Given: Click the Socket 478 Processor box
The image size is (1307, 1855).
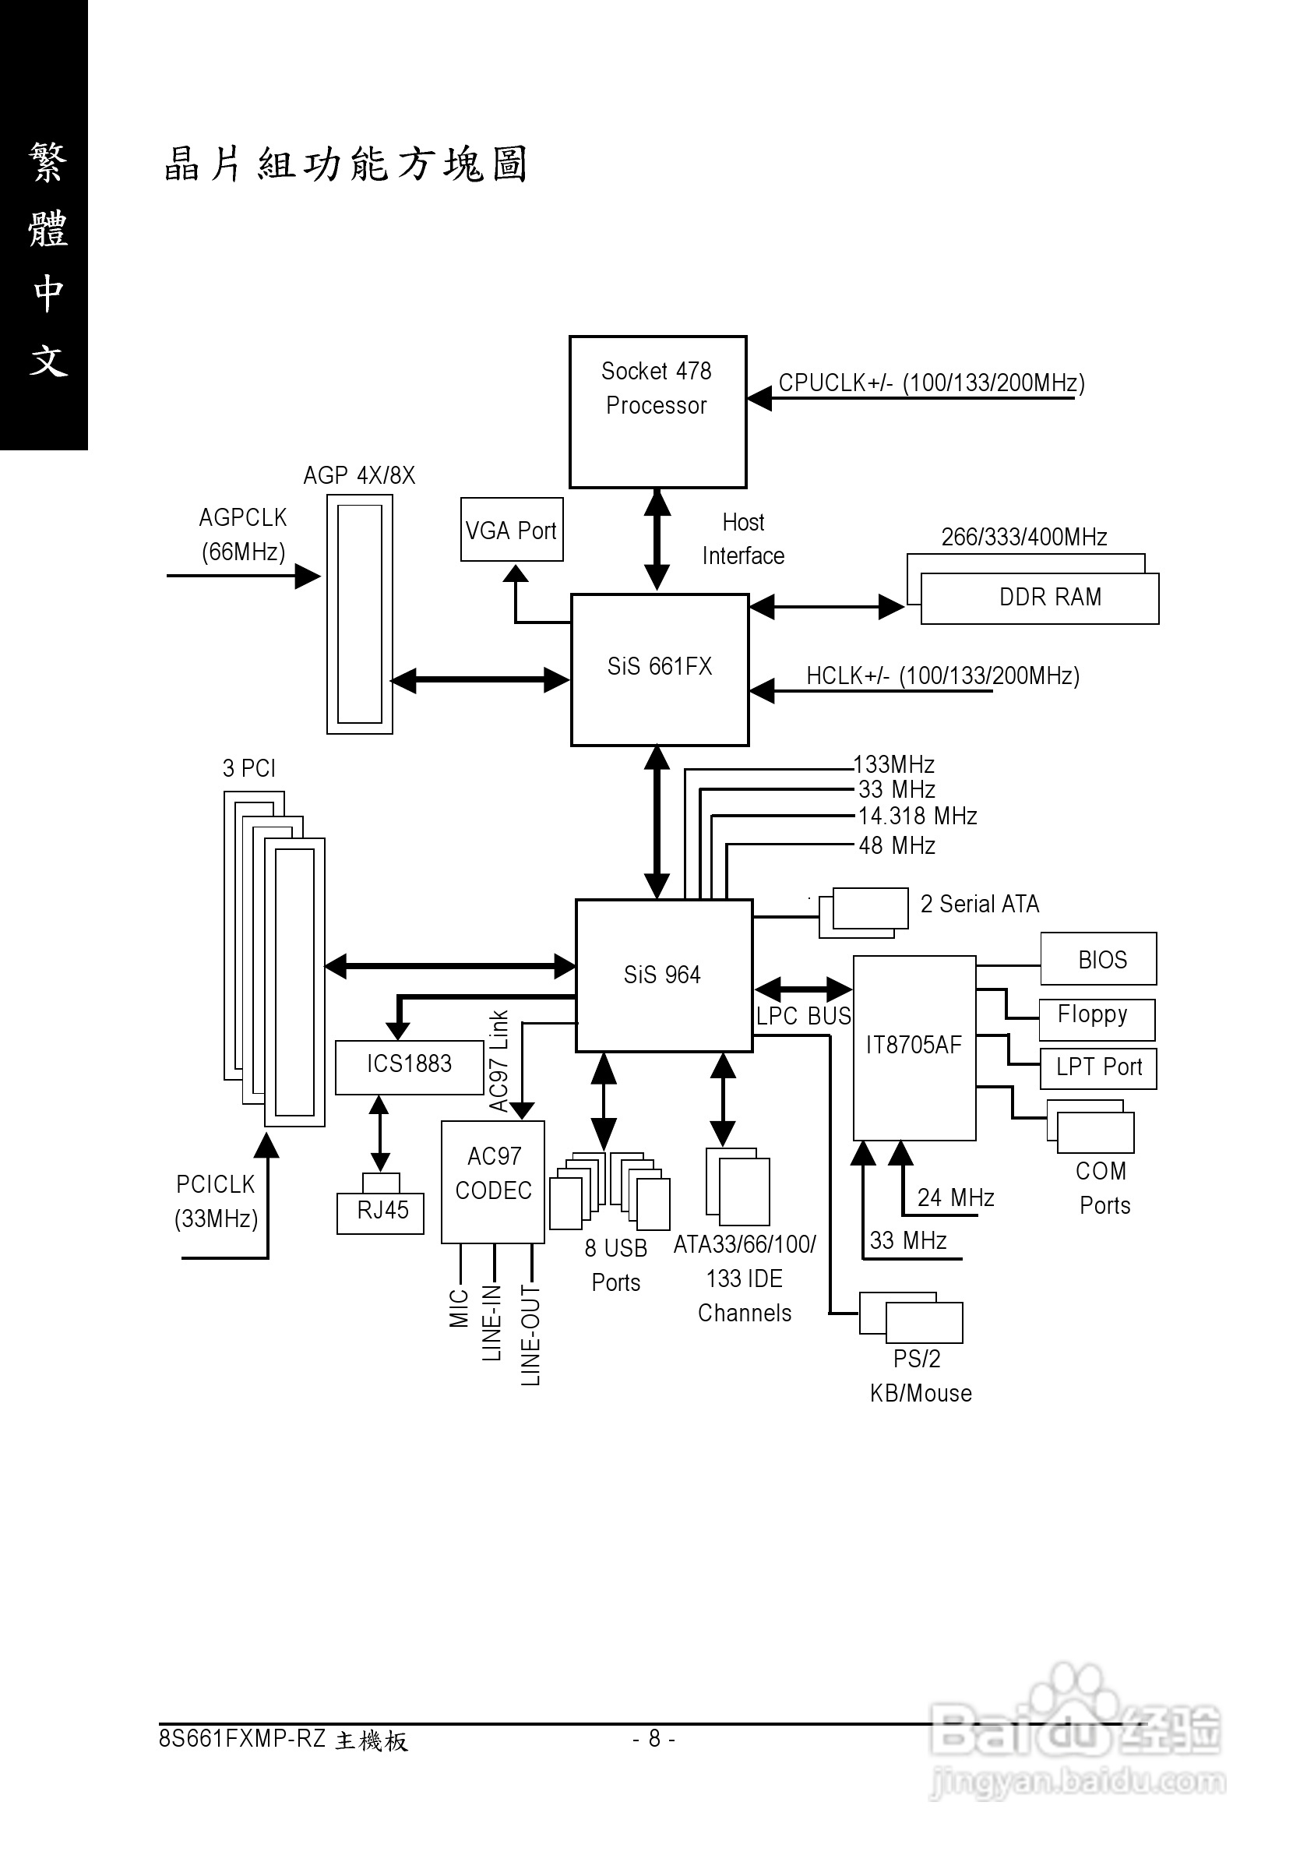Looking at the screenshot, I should [x=657, y=411].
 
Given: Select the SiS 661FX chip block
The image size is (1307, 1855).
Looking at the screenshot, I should [x=659, y=669].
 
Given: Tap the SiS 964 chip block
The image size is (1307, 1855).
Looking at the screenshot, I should [x=663, y=975].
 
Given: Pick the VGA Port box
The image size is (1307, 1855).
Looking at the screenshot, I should [x=511, y=530].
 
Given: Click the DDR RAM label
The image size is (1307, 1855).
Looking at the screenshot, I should [x=1049, y=597].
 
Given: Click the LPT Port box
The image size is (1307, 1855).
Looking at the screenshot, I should [x=1097, y=1068].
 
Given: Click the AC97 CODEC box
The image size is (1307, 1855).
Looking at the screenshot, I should [x=493, y=1180].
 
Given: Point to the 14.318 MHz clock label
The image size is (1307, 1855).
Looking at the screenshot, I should [x=917, y=816].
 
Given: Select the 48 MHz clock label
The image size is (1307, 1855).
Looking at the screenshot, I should [x=897, y=846].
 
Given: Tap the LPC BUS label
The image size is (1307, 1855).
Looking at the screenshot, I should [x=803, y=1017].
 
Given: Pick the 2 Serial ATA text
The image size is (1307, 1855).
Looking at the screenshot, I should [x=979, y=904].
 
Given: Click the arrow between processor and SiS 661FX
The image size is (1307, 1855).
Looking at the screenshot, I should [x=657, y=540].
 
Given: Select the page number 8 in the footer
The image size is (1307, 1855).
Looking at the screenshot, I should [x=653, y=1739].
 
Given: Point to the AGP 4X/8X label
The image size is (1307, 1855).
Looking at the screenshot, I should [x=358, y=475].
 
